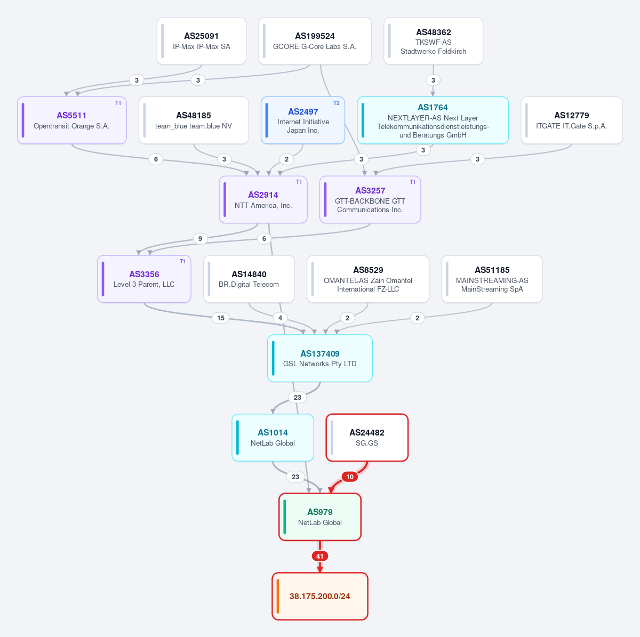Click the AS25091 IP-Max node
click(x=201, y=41)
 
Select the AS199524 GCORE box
click(x=315, y=41)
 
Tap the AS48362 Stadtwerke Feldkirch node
click(x=433, y=41)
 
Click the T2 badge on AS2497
click(x=336, y=103)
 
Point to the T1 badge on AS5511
click(x=118, y=103)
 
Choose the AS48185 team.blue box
click(x=194, y=120)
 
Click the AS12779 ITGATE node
click(x=572, y=120)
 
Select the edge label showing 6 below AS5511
click(x=156, y=159)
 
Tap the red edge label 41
click(x=320, y=556)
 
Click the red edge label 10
click(x=350, y=477)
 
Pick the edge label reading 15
click(x=220, y=318)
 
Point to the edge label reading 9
click(x=200, y=238)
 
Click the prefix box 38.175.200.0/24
click(x=320, y=596)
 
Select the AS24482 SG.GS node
click(x=367, y=438)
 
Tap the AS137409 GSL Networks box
click(x=320, y=358)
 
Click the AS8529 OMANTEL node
click(x=368, y=279)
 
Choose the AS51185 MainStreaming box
click(x=492, y=279)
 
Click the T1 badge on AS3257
click(x=412, y=182)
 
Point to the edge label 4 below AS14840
click(x=280, y=318)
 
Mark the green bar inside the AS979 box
click(x=285, y=517)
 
